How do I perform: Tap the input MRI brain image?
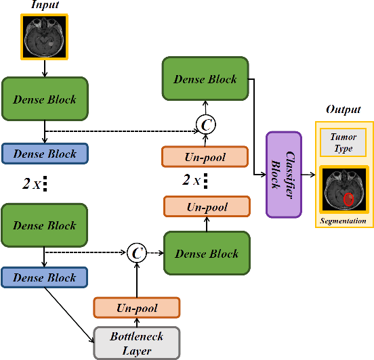[x=45, y=37]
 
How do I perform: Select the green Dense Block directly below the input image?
[x=45, y=99]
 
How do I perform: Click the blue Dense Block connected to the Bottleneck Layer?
[x=45, y=277]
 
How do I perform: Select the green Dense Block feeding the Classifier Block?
[x=205, y=79]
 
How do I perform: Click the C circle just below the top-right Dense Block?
[x=205, y=123]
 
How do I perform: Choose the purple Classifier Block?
[x=284, y=174]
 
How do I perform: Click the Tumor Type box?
[x=344, y=142]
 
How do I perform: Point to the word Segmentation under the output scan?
[x=344, y=221]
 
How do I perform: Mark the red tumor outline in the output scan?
[x=348, y=199]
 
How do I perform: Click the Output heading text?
[x=344, y=110]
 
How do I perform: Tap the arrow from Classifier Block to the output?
[x=309, y=175]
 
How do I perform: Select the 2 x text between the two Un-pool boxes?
[x=192, y=181]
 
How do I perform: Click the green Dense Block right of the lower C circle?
[x=207, y=254]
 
